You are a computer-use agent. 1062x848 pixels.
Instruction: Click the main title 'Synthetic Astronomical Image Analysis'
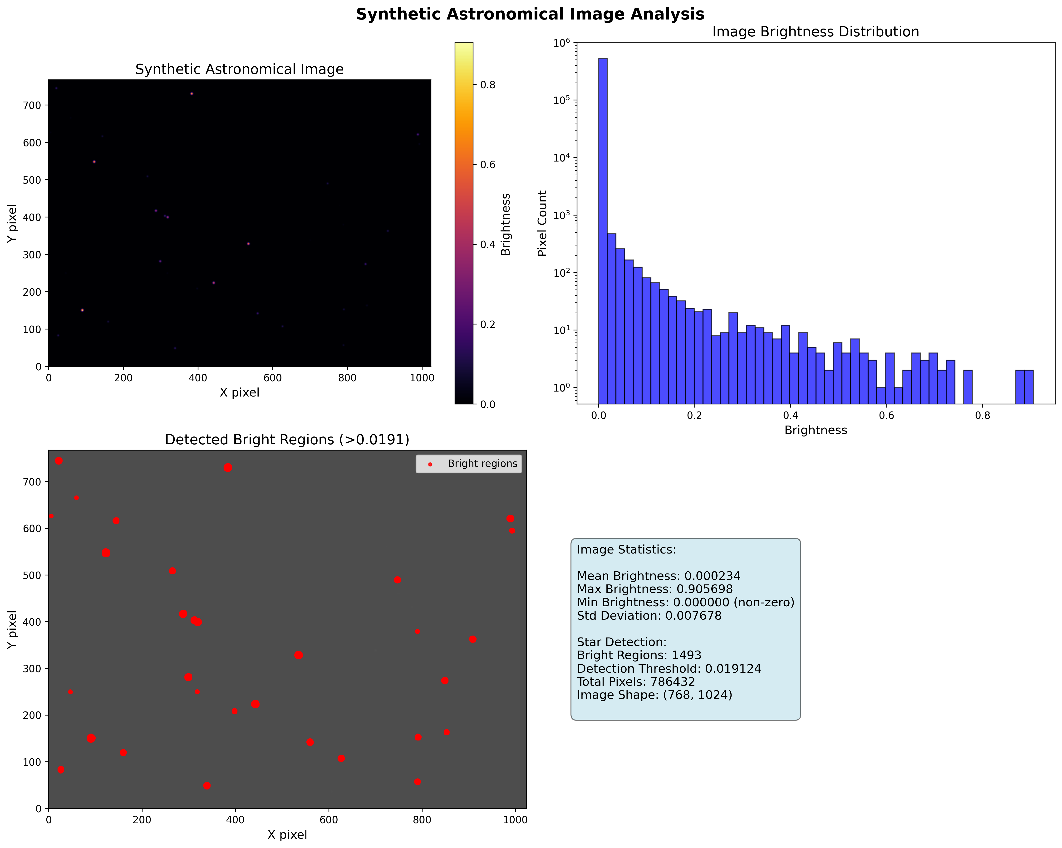[530, 14]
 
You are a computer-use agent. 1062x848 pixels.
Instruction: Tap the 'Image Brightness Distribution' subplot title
[815, 32]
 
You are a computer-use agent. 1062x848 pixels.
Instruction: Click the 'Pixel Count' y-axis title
[542, 223]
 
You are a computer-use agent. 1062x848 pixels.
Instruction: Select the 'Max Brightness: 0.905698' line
[655, 589]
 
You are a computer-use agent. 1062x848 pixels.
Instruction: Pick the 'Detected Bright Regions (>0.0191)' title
[287, 440]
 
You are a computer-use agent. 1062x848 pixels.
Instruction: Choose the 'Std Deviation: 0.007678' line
[649, 616]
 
